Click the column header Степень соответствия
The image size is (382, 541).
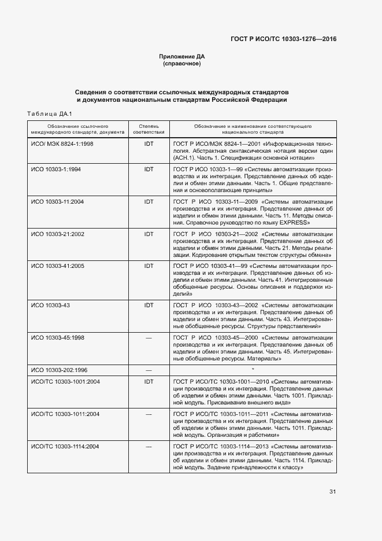pyautogui.click(x=149, y=128)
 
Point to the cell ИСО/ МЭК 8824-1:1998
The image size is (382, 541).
pyautogui.click(x=62, y=142)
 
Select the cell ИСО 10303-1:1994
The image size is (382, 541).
pyautogui.click(x=55, y=169)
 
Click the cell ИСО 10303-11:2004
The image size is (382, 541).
pyautogui.click(x=57, y=201)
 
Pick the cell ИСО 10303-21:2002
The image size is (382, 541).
pyautogui.click(x=57, y=234)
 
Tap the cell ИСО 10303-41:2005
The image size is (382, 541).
pyautogui.click(x=57, y=266)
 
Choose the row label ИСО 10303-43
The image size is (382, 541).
pyautogui.click(x=50, y=304)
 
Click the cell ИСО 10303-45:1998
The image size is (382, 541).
pyautogui.click(x=57, y=337)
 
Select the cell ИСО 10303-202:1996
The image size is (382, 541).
pyautogui.click(x=59, y=369)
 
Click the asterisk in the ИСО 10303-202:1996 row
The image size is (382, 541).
pyautogui.click(x=253, y=369)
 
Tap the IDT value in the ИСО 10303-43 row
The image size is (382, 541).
pyautogui.click(x=149, y=304)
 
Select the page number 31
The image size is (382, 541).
pyautogui.click(x=332, y=492)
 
